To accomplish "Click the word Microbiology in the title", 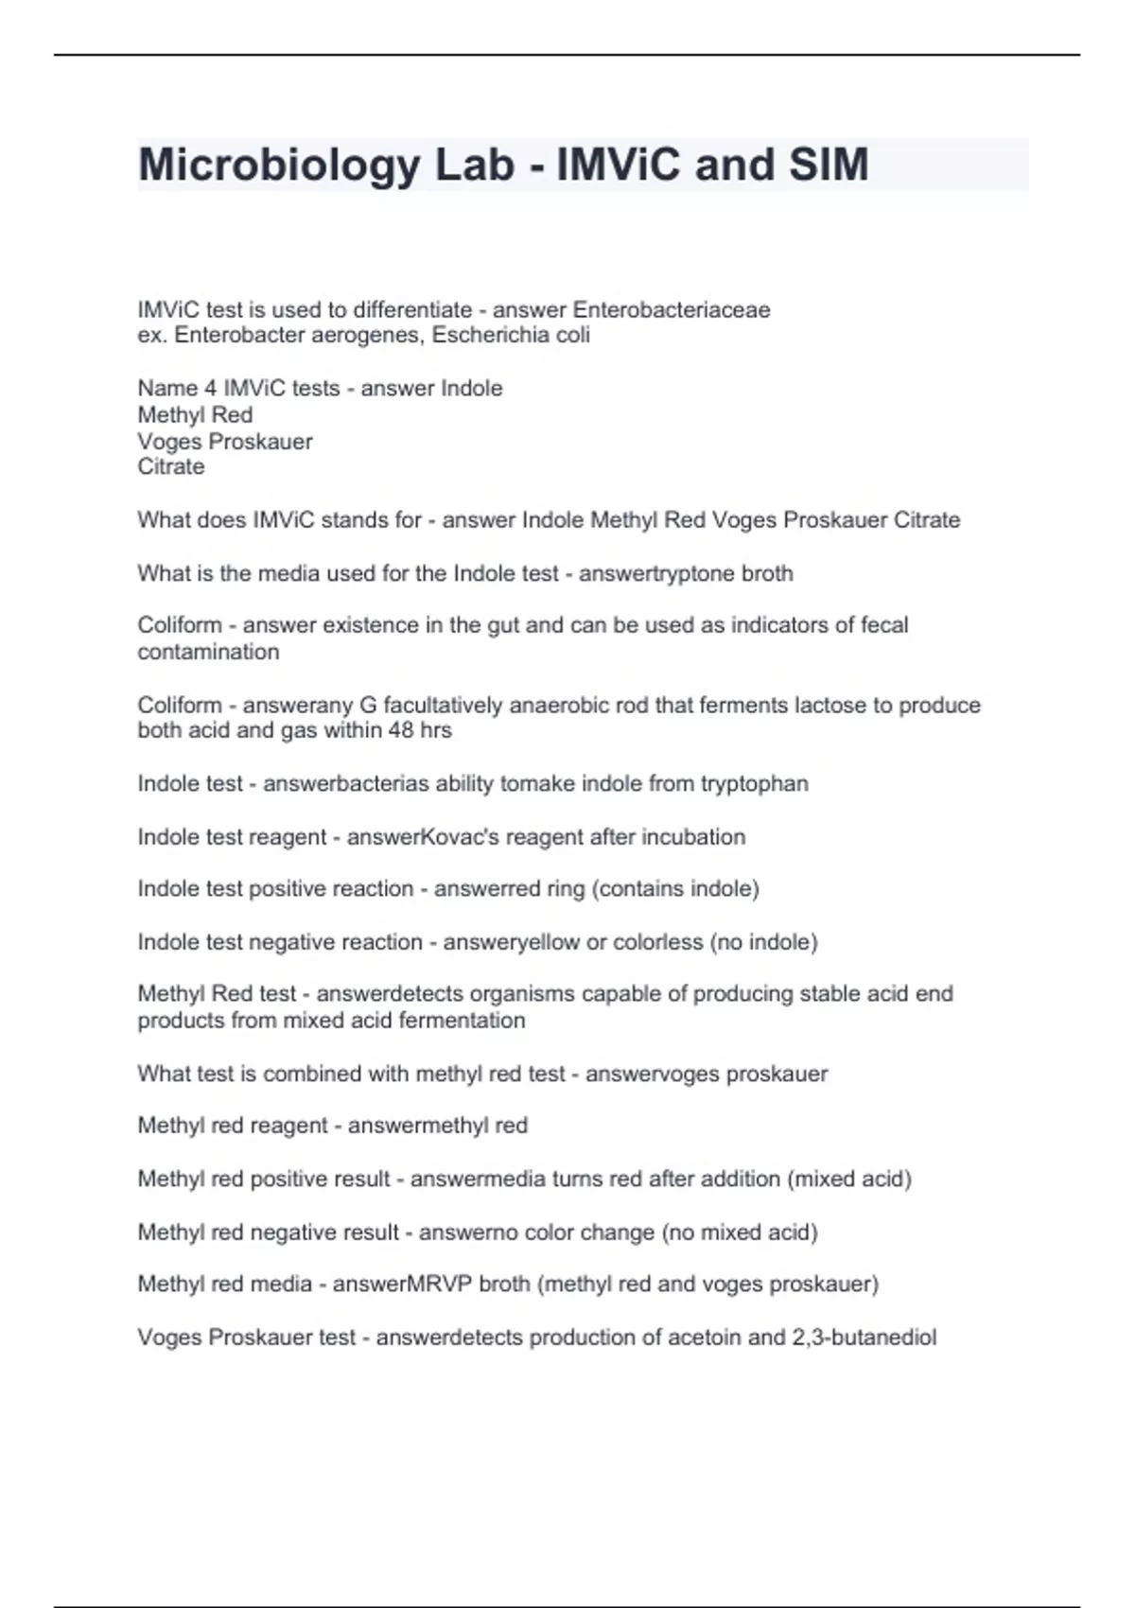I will click(279, 166).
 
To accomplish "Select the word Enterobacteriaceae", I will click(672, 310).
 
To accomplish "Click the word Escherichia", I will click(492, 335).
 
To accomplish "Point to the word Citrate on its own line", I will click(171, 466).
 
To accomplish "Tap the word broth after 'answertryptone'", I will click(767, 573).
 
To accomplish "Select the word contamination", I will click(208, 652).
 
